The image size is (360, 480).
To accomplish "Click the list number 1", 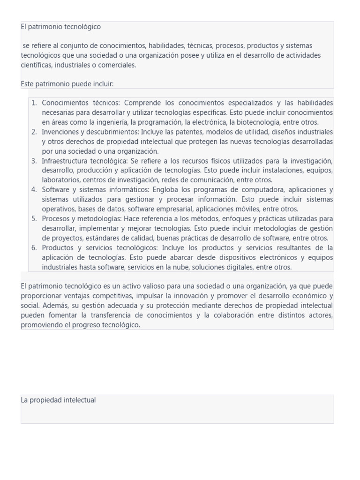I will pyautogui.click(x=34, y=103).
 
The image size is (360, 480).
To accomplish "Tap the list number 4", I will pyautogui.click(x=34, y=190).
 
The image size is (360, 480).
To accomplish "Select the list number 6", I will pyautogui.click(x=34, y=247).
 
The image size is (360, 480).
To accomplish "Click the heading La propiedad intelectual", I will pyautogui.click(x=58, y=400).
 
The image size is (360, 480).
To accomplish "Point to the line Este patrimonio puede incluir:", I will pyautogui.click(x=67, y=84).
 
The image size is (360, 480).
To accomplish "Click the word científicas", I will pyautogui.click(x=37, y=65).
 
